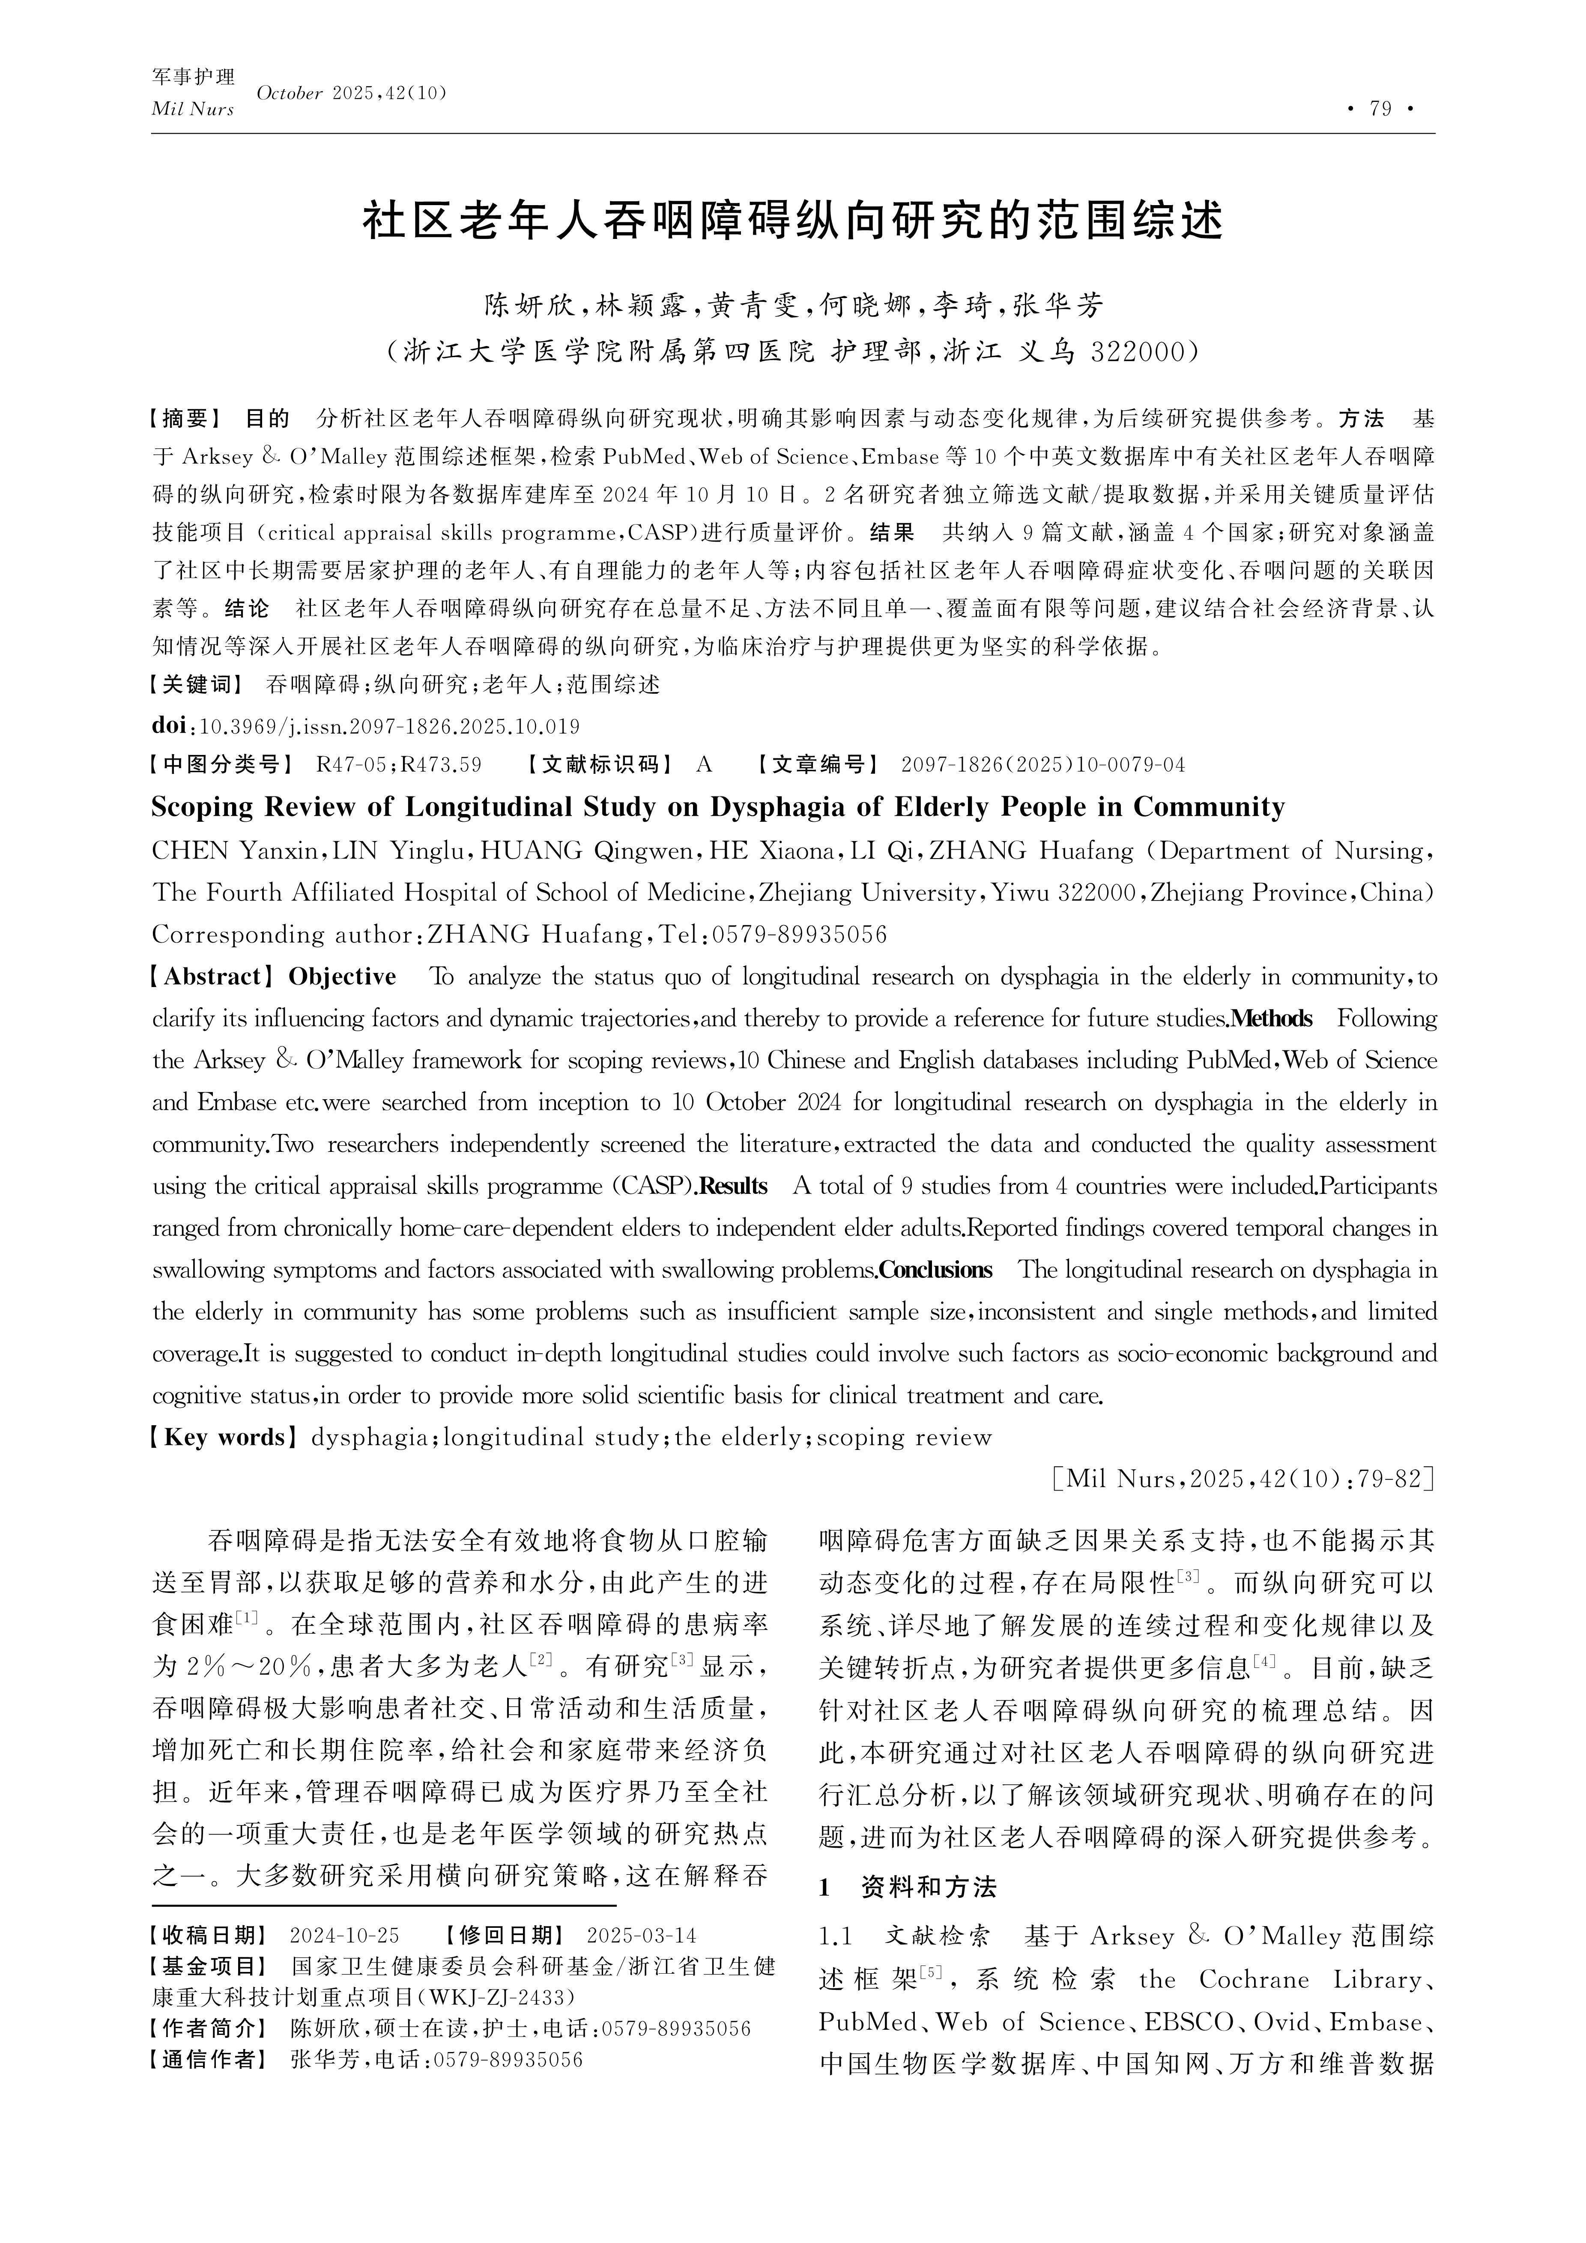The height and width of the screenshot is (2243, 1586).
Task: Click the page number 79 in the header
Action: [1380, 108]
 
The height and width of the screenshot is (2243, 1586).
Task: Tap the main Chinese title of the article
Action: [792, 221]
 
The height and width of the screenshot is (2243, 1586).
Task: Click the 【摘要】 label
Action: [185, 419]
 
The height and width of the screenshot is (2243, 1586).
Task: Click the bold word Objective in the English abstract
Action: [342, 977]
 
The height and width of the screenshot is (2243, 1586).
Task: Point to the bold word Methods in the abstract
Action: [1271, 1019]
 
